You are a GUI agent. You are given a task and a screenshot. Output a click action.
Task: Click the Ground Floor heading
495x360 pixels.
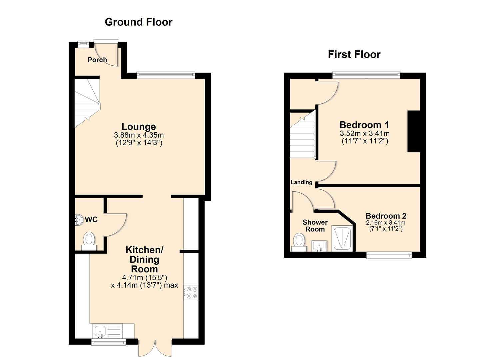(x=138, y=22)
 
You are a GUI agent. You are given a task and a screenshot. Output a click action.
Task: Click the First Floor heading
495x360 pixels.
(x=354, y=54)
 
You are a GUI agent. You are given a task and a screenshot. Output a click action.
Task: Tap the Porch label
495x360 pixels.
(x=97, y=60)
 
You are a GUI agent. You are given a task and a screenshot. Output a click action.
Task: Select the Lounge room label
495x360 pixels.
(x=139, y=127)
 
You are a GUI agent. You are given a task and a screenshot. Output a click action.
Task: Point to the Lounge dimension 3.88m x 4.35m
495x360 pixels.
(x=139, y=135)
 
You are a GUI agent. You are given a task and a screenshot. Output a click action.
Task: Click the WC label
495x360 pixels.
(x=91, y=220)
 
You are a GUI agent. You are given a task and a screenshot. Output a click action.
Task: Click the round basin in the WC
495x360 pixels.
(x=79, y=220)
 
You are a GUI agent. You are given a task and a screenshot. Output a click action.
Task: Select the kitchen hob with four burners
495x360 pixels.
(x=191, y=292)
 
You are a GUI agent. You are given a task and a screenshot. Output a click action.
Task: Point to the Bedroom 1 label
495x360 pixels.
(x=364, y=125)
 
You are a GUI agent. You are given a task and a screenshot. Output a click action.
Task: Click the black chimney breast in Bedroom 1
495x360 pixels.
(x=414, y=131)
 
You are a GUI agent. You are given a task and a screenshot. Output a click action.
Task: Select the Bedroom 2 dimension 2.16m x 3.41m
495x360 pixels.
(x=386, y=223)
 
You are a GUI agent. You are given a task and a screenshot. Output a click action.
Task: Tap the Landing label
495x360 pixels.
(x=301, y=182)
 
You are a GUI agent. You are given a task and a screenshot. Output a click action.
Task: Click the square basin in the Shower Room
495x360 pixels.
(x=319, y=246)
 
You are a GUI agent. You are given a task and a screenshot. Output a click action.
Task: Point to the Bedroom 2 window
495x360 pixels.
(x=389, y=255)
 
